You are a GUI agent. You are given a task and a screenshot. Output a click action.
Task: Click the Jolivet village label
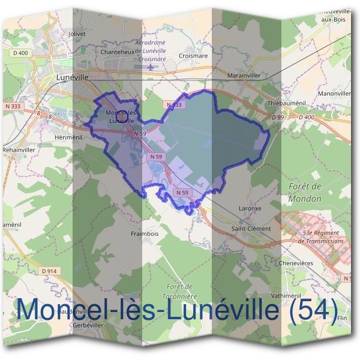tap(78, 34)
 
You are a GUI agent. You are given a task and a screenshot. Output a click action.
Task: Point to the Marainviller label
tap(244, 76)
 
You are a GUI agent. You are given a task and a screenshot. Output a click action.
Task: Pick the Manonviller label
tap(335, 94)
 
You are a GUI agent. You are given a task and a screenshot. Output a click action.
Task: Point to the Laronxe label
tap(250, 209)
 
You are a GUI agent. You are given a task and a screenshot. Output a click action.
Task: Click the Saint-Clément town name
tap(251, 229)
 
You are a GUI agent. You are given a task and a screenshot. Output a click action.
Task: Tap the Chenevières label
tap(296, 262)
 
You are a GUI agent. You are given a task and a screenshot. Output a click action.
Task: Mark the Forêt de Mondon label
tap(305, 192)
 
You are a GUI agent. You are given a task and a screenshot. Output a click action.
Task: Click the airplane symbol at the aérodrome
tap(151, 67)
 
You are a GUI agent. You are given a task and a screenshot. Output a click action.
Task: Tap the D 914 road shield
tap(50, 271)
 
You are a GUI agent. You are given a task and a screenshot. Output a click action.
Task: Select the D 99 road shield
tap(277, 118)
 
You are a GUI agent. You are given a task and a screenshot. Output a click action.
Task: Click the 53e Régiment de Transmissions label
tap(323, 236)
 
